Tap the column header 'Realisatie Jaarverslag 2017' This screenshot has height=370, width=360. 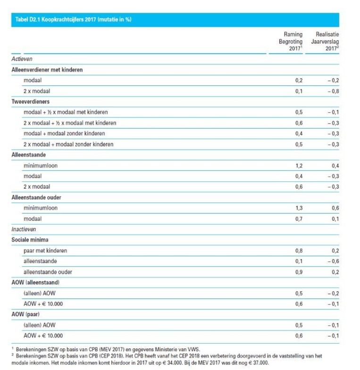click(x=325, y=42)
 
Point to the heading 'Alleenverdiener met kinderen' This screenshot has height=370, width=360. click(x=47, y=70)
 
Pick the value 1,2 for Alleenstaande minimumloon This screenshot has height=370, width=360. click(x=299, y=166)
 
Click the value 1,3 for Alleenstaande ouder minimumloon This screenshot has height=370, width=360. click(x=299, y=208)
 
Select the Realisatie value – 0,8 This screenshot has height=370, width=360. click(x=333, y=91)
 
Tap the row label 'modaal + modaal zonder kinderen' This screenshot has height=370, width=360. click(x=64, y=134)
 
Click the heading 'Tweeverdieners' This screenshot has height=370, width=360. click(x=31, y=101)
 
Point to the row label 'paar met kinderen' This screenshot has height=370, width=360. click(x=46, y=251)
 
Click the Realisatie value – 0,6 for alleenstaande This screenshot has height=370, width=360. click(x=333, y=261)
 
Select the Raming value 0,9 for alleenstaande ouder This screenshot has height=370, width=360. click(x=299, y=272)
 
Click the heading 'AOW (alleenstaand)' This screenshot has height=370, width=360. click(x=35, y=282)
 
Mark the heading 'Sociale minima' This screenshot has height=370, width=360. click(x=30, y=240)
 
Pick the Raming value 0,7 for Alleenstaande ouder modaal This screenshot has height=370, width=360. click(x=299, y=219)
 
